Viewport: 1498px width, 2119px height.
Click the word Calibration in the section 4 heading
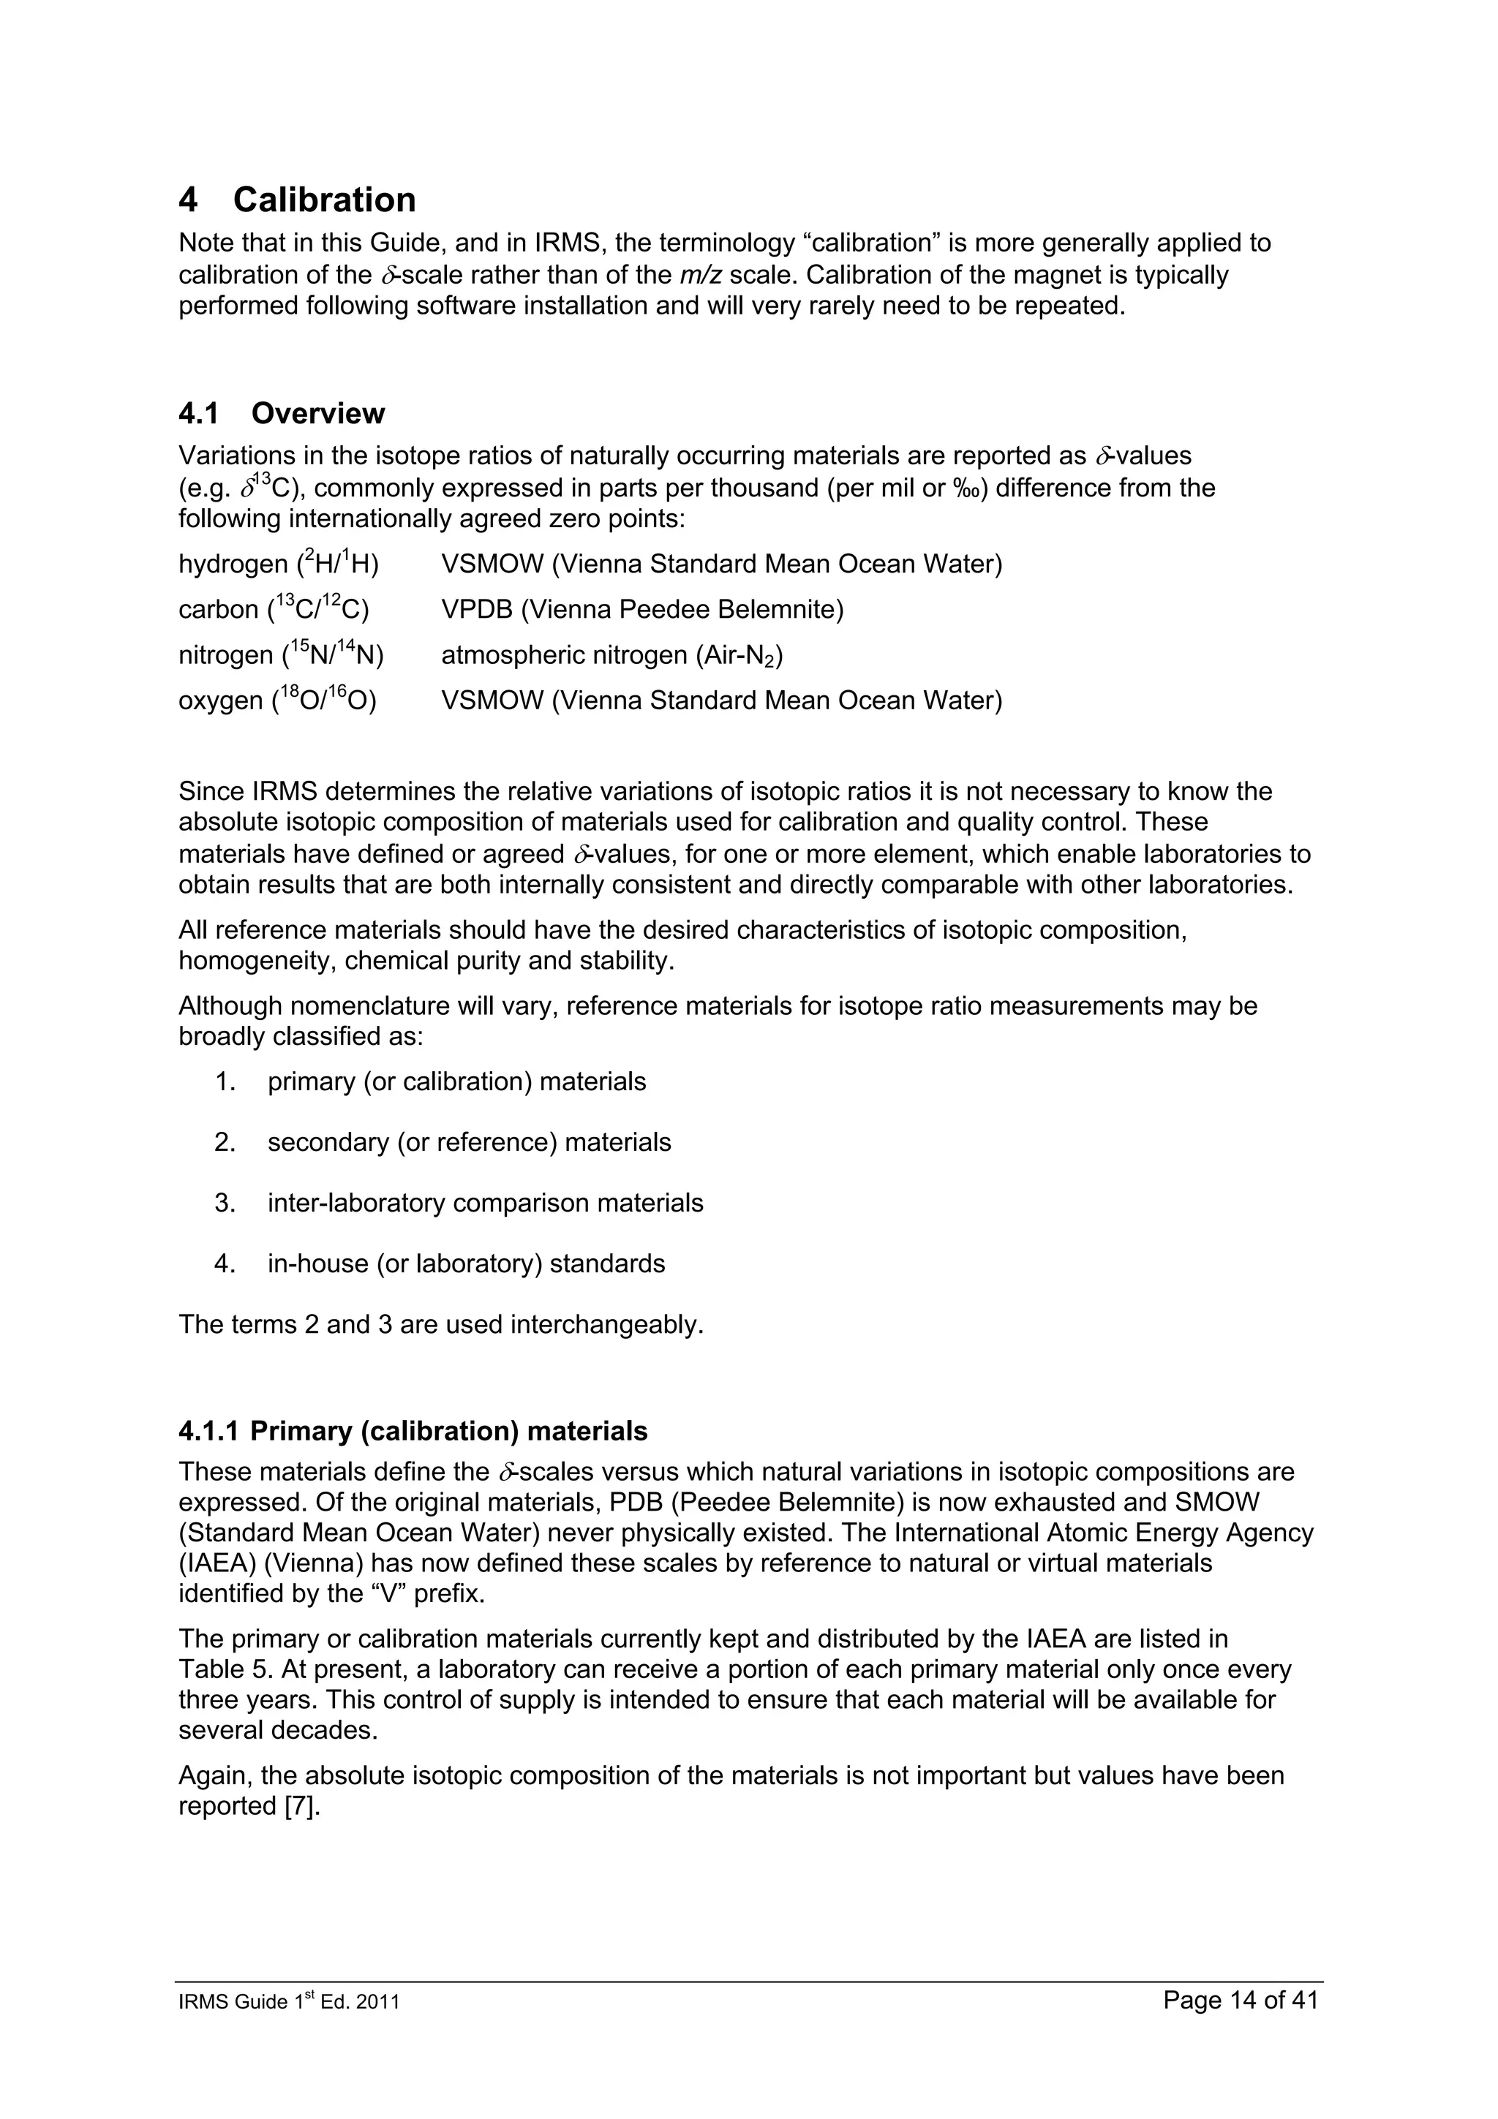click(x=324, y=200)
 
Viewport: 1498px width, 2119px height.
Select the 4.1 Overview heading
click(x=282, y=413)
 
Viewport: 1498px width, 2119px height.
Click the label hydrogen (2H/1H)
click(x=279, y=563)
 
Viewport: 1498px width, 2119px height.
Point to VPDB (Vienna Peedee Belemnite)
click(x=641, y=609)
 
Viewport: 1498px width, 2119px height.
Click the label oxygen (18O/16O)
click(x=277, y=700)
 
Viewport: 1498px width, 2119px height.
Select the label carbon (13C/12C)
click(x=274, y=609)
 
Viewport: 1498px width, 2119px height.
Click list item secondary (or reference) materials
click(x=469, y=1143)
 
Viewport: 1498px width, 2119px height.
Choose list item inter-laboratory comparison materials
click(x=484, y=1204)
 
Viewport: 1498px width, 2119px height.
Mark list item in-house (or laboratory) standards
click(x=466, y=1264)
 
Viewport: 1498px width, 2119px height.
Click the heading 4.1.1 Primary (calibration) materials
click(x=413, y=1432)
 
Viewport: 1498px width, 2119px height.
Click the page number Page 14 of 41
click(x=1241, y=2001)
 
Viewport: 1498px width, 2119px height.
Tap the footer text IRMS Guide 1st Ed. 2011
click(x=289, y=2003)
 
